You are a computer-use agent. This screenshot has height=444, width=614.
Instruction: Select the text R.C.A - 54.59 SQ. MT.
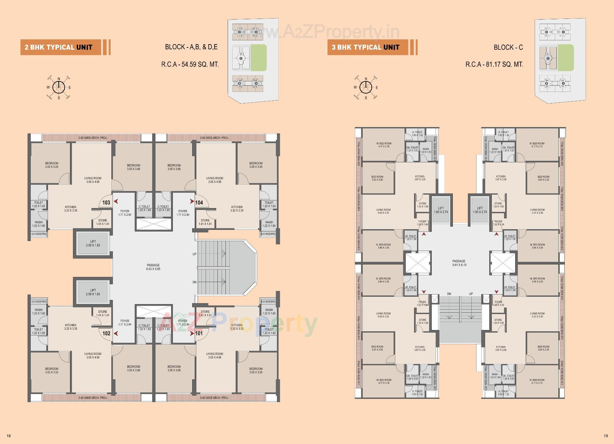190,64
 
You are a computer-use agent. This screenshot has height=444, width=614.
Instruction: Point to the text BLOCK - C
508,47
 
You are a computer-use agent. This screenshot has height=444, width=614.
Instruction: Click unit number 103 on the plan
106,202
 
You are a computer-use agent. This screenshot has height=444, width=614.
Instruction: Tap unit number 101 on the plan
199,333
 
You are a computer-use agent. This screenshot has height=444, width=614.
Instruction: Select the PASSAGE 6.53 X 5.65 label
153,267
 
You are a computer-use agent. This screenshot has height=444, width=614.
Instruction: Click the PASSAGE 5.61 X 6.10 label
459,263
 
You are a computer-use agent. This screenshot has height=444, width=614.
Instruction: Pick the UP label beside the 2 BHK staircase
194,254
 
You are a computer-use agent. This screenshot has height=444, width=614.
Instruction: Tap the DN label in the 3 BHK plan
449,294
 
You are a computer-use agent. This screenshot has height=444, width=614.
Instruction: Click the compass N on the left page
59,79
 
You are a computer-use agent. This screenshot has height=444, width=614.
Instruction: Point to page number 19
606,436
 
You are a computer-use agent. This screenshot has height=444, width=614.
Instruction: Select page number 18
9,436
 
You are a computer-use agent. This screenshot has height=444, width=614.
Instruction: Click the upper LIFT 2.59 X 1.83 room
93,243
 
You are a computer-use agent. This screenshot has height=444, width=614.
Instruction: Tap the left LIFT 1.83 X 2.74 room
441,210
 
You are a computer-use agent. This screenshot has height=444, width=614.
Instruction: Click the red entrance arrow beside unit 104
192,201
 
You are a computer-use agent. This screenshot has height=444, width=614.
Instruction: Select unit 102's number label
106,333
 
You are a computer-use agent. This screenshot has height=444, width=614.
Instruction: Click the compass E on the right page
377,87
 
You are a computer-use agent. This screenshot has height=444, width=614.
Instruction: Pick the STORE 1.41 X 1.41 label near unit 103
103,222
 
